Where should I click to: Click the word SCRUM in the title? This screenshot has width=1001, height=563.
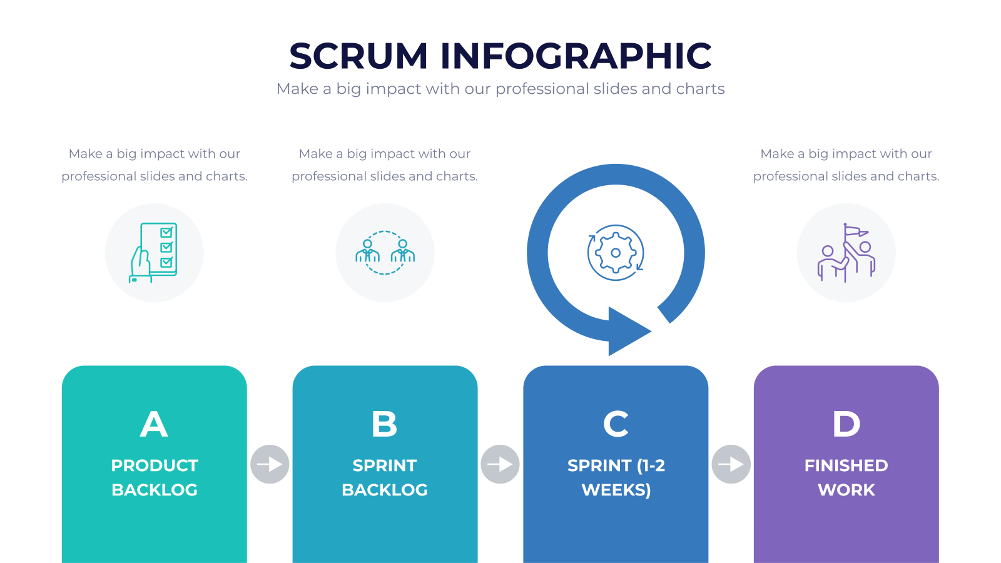coord(358,56)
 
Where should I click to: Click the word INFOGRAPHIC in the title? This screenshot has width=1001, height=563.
coord(576,56)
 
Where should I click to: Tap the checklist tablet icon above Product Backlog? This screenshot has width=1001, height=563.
coord(153,253)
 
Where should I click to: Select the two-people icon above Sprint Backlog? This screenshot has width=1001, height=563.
coord(385,253)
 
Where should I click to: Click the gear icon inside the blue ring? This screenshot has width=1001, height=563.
coord(616,253)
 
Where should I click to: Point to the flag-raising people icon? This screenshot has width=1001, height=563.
coord(846,253)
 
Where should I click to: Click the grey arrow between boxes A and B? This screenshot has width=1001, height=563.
coord(270,464)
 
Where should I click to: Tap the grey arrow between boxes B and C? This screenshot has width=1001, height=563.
coord(500,464)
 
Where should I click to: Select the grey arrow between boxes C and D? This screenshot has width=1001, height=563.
coord(731,464)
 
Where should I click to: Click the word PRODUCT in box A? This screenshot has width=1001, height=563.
coord(155,465)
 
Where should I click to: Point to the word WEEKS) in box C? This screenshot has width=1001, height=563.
coord(616,490)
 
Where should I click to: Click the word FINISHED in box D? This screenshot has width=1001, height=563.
coord(846,465)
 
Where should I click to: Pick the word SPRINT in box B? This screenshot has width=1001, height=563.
coord(385,465)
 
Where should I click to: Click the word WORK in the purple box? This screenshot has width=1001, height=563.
coord(846,490)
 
